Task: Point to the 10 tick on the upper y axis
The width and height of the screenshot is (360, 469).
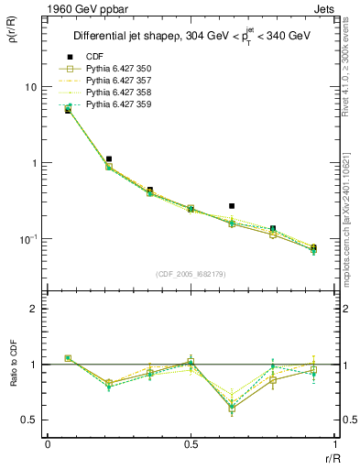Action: [x=30, y=87]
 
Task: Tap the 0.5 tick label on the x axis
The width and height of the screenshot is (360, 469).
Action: [x=191, y=443]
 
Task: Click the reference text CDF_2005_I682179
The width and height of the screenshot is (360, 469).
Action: [x=191, y=273]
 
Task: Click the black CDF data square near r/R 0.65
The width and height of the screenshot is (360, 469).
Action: [x=232, y=206]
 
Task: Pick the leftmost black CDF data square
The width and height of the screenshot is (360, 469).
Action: [x=68, y=110]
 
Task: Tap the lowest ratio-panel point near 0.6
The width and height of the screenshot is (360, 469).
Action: [x=232, y=409]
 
